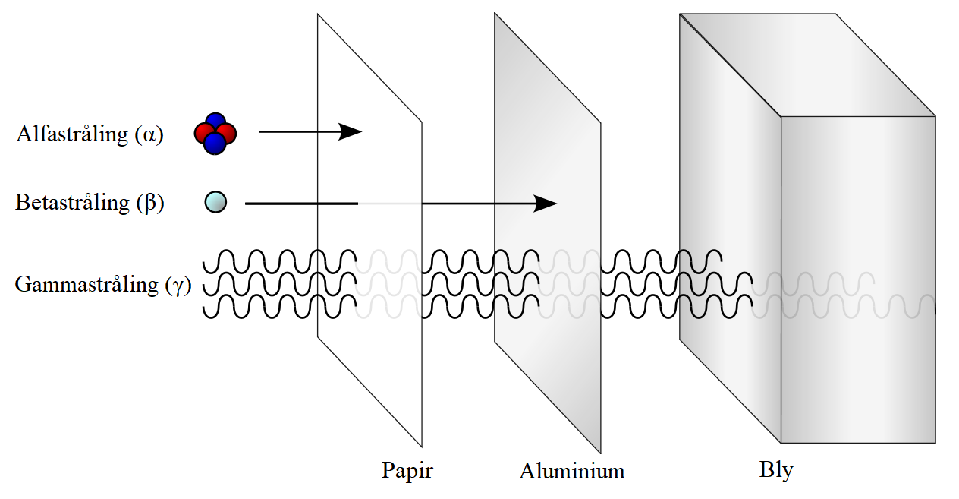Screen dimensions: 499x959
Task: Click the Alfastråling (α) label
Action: tap(90, 134)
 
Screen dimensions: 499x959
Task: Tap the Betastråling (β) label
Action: tap(90, 203)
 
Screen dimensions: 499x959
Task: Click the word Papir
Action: tap(407, 470)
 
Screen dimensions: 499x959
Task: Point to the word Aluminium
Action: tap(571, 471)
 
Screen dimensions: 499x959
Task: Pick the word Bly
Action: tap(775, 470)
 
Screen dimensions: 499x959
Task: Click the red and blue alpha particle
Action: tap(215, 134)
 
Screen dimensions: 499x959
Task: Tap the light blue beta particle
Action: tap(215, 202)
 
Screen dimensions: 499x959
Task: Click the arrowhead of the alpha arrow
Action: tap(351, 131)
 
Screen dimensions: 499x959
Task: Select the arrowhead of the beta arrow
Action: tap(546, 204)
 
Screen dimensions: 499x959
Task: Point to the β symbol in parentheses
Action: tap(149, 204)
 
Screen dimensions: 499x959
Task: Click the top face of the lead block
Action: tap(809, 65)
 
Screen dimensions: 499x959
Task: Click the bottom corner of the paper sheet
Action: tap(421, 447)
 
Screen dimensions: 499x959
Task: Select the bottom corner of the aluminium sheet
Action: tap(600, 453)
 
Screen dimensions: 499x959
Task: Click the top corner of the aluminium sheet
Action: tap(495, 14)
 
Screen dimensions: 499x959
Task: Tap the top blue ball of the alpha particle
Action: tap(216, 122)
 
